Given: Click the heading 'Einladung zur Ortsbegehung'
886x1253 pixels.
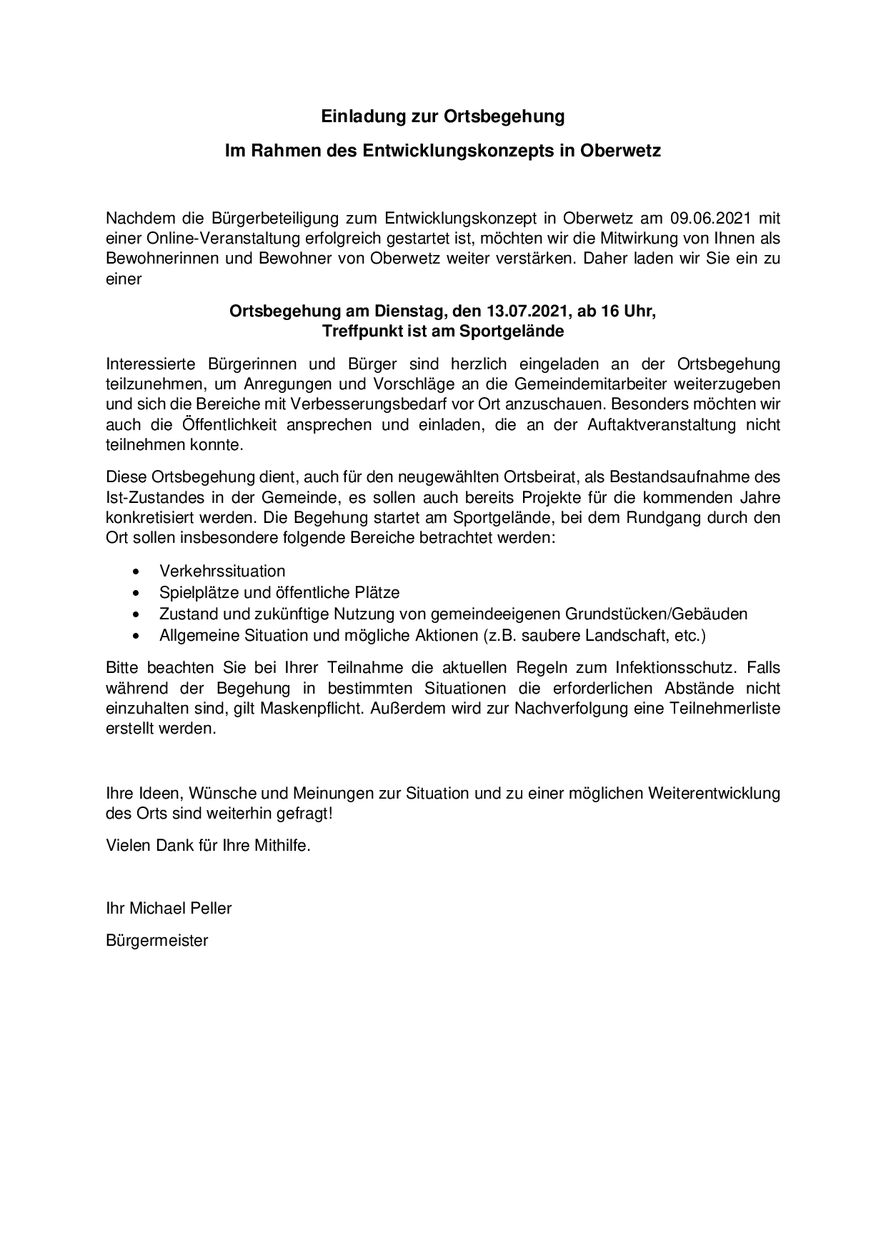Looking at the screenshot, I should coord(442,116).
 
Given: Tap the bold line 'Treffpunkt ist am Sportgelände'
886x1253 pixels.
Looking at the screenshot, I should coord(442,331).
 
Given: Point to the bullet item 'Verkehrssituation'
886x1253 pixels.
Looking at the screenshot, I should coord(222,571).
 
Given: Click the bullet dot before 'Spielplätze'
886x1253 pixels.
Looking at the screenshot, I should coord(136,593).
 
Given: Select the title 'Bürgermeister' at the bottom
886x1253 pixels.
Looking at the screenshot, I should coord(157,940).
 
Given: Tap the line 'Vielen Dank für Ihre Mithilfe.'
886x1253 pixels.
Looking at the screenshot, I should coord(209,845).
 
